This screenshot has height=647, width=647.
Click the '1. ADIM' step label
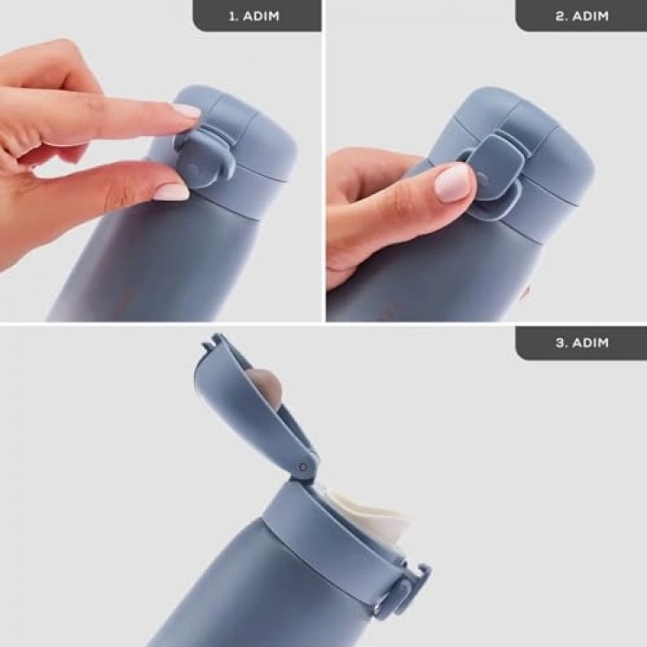click(x=256, y=16)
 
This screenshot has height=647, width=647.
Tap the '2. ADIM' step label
click(x=580, y=16)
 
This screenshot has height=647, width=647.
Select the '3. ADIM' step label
click(x=581, y=342)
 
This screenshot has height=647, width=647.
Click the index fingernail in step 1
click(x=186, y=111)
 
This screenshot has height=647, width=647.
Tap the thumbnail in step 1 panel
click(x=171, y=191)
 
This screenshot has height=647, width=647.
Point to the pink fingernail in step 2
click(x=454, y=182)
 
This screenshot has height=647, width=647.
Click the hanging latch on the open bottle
click(x=404, y=592)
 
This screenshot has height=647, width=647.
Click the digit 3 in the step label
click(x=560, y=342)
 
